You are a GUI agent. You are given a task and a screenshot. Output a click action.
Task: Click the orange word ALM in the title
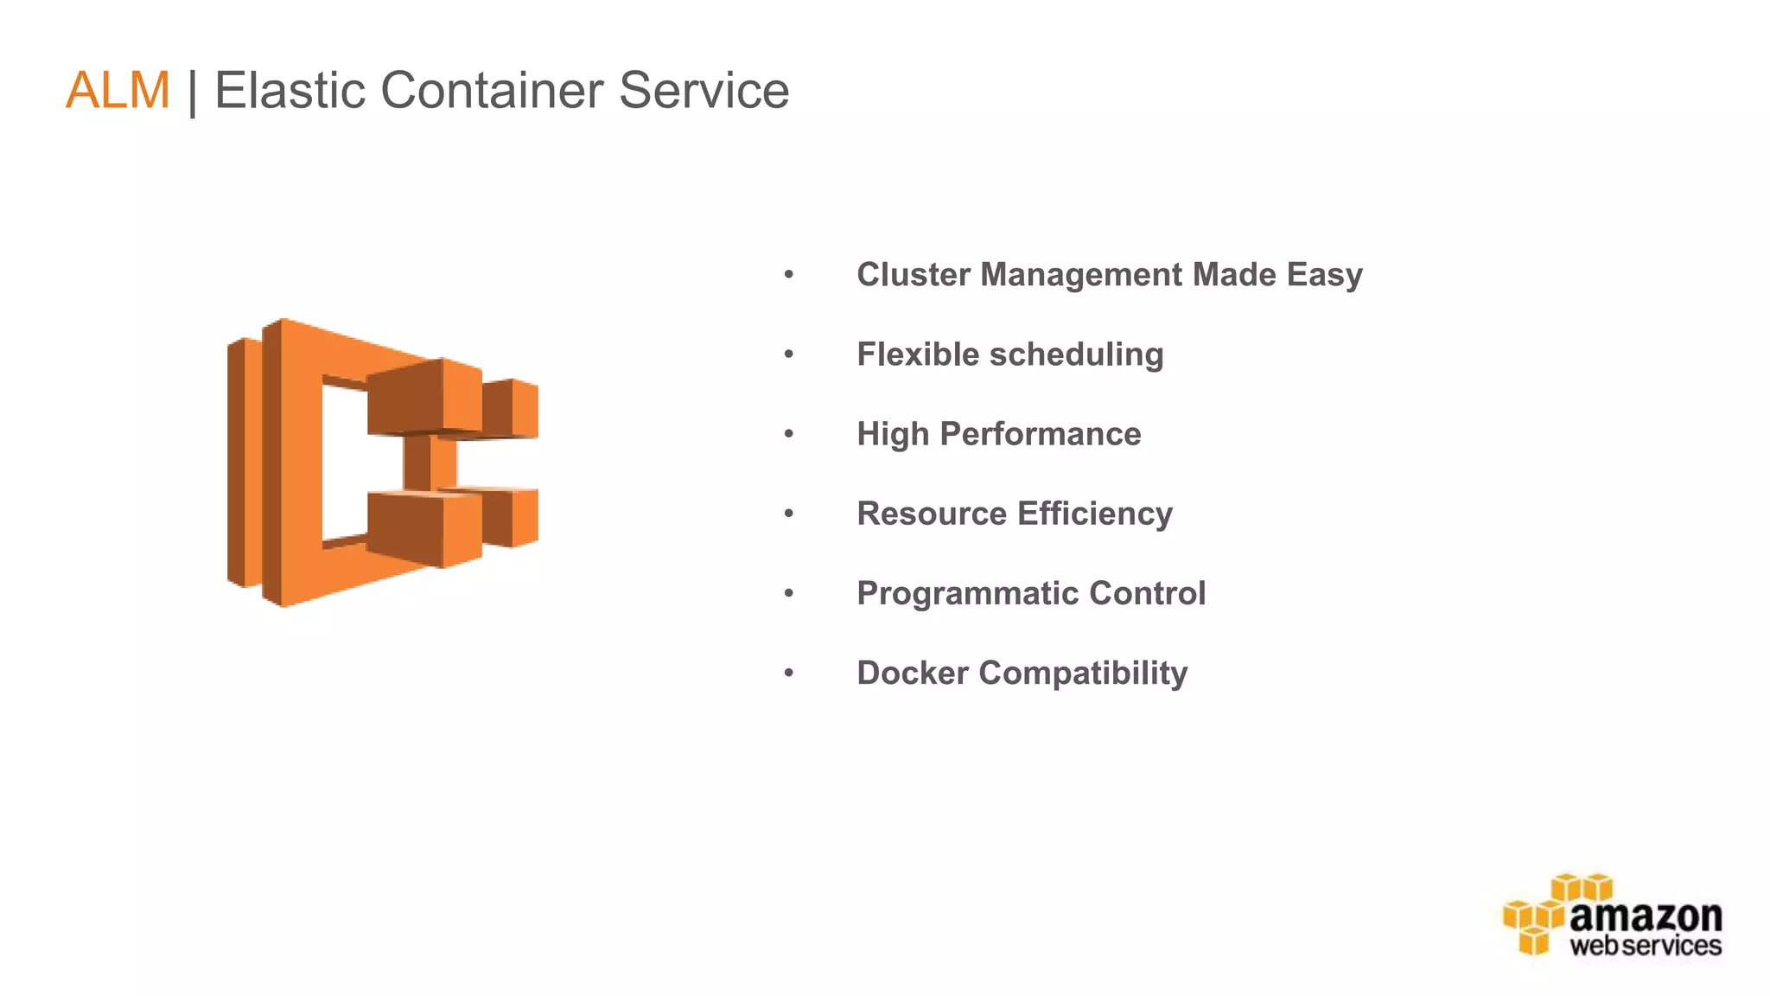pos(118,90)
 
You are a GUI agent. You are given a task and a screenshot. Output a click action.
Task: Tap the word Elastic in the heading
pos(290,90)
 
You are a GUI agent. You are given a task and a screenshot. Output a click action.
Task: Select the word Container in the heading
pos(491,90)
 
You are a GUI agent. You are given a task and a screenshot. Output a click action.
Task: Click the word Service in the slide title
pos(704,90)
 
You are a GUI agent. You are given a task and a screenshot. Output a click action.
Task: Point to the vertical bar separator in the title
pos(192,92)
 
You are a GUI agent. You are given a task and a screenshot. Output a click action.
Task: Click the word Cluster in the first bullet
pos(914,275)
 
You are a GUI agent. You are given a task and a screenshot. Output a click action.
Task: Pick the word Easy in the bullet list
pos(1324,275)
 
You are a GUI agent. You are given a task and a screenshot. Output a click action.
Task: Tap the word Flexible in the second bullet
pos(917,354)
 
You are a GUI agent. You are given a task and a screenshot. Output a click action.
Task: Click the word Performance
pos(1040,434)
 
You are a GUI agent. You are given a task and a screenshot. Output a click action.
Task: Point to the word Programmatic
pos(967,594)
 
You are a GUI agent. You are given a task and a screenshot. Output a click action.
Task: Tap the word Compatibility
pos(1083,674)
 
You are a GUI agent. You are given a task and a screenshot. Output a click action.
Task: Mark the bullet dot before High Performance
pos(788,434)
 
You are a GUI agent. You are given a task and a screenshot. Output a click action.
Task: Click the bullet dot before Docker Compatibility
pos(788,673)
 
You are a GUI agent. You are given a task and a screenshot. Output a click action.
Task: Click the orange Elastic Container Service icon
pos(382,463)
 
